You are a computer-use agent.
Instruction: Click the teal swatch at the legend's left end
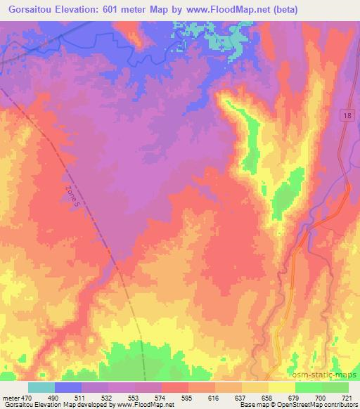(x=41, y=387)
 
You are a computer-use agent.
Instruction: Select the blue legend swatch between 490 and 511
(x=67, y=387)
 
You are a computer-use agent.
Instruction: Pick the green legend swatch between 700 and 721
(x=335, y=387)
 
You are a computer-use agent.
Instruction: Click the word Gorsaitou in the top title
(x=26, y=9)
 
